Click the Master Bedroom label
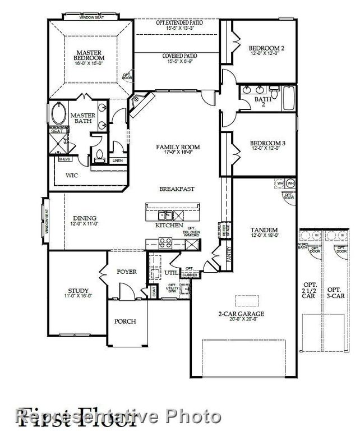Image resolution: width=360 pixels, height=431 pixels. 90,55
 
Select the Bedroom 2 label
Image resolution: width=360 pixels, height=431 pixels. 266,48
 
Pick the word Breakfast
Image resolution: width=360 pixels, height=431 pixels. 177,189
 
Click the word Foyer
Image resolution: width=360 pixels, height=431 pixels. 126,272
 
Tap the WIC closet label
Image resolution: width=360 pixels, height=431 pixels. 71,176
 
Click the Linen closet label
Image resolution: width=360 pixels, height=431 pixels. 117,161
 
